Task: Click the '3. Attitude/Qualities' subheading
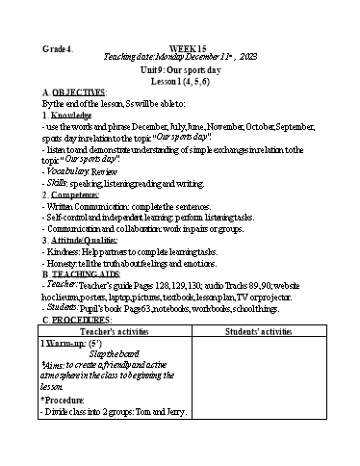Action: pyautogui.click(x=85, y=240)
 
